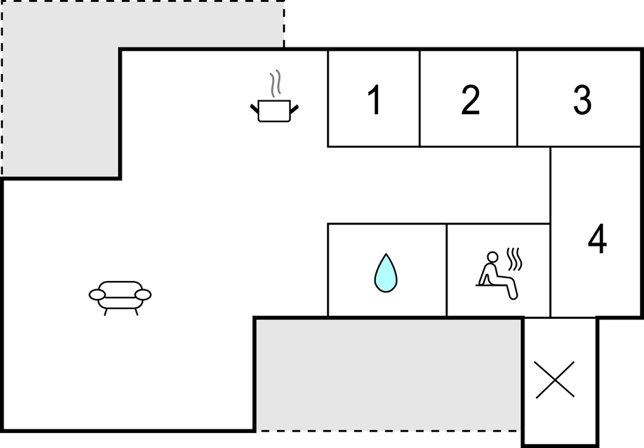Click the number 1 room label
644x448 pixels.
[x=374, y=100]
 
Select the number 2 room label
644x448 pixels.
[x=470, y=100]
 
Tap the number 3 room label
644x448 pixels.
[x=582, y=100]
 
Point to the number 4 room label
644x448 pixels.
[x=597, y=238]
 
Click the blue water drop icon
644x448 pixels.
[x=386, y=273]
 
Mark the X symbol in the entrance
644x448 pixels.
[x=555, y=380]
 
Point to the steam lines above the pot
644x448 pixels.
[x=275, y=83]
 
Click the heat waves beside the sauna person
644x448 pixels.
[x=514, y=259]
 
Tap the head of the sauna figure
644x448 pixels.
[x=492, y=257]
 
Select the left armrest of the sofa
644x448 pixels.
[x=98, y=294]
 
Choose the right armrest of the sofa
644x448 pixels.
[x=143, y=294]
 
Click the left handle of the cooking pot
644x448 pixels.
[x=254, y=109]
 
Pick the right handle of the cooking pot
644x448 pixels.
[x=294, y=109]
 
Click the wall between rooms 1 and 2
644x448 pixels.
[x=419, y=98]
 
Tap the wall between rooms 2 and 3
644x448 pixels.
[x=517, y=98]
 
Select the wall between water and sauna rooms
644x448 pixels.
[x=447, y=270]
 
